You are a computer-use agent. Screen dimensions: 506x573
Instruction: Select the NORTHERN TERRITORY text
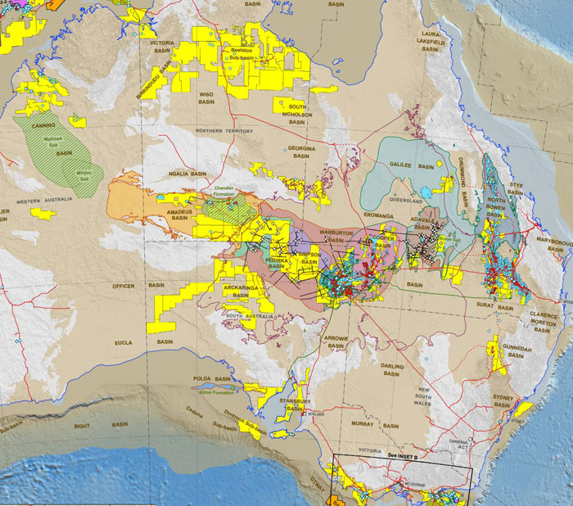pyautogui.click(x=223, y=131)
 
